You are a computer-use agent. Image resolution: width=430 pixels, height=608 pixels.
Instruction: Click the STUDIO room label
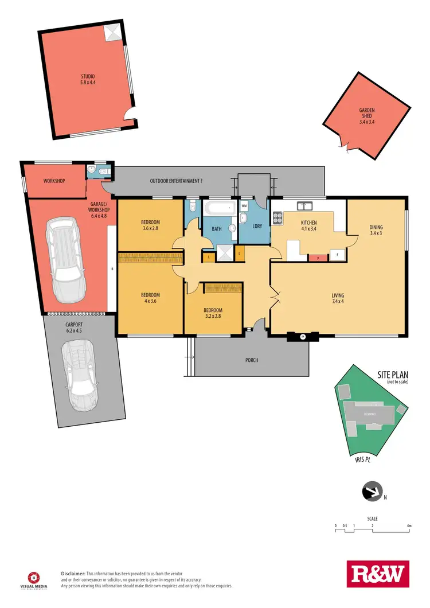coord(88,79)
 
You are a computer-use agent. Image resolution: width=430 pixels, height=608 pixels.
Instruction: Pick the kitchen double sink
coord(304,205)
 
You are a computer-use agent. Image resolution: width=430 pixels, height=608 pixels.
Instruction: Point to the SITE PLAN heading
coord(392,375)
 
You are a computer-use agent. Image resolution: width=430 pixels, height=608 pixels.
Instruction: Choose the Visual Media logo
coord(35,578)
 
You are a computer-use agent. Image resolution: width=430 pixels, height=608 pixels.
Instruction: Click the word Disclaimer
coord(73,574)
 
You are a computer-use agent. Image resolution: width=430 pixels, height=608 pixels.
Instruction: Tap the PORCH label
coord(251,360)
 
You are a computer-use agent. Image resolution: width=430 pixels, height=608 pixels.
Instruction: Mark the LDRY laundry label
coord(257,226)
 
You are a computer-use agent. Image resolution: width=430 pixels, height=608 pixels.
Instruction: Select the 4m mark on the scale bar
coord(409,525)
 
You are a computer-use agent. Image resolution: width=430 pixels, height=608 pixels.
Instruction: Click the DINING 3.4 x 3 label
coord(376,230)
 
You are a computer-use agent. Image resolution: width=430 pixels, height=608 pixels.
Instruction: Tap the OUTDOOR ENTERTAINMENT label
coord(176,181)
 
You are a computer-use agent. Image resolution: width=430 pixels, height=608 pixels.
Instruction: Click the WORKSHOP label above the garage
coord(54,181)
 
